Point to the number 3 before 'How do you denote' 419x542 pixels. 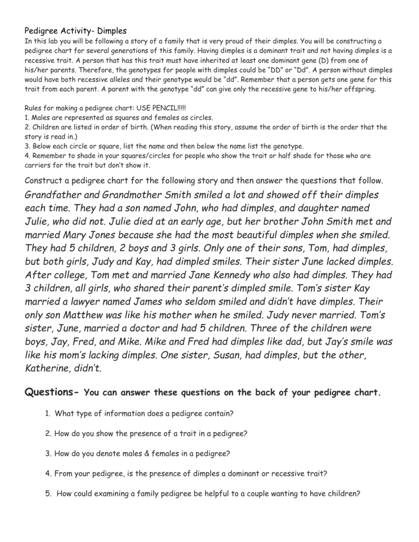[48, 454]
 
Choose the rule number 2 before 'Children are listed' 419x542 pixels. [26, 127]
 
